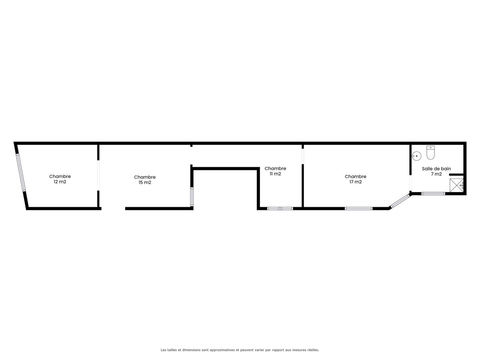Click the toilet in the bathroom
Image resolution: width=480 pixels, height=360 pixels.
point(430,152)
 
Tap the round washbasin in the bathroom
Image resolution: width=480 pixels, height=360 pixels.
point(416,156)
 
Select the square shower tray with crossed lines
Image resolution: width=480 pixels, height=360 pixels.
point(457,185)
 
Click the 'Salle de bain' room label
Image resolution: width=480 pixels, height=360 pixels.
point(436,169)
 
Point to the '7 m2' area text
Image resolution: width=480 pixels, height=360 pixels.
point(436,174)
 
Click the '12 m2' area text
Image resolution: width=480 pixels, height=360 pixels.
point(60,182)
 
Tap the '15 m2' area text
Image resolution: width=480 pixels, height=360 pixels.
point(145,182)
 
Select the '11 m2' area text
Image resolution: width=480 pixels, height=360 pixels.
point(275,174)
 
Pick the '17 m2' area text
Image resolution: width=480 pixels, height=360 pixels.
point(356,182)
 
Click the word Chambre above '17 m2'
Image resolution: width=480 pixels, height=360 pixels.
point(356,176)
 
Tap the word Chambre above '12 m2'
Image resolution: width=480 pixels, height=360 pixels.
point(60,176)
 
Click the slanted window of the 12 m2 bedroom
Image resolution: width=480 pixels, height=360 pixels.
point(21,173)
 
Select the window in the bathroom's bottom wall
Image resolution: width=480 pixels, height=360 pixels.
point(433,194)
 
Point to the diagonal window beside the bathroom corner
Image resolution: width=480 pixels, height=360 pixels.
point(400,201)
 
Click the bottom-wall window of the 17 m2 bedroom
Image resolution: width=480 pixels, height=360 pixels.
point(359,208)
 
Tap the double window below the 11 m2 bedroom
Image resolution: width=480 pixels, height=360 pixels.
point(280,208)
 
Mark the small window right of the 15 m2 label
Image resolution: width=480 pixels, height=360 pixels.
point(192,197)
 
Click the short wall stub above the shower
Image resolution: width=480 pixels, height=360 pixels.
point(456,175)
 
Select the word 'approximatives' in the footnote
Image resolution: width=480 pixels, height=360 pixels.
point(222,350)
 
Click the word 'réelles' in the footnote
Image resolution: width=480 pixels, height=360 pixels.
point(313,350)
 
